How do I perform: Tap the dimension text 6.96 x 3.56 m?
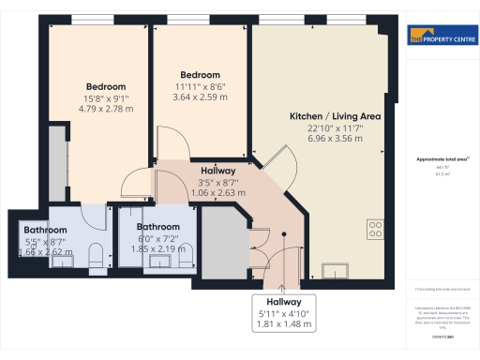point(322,138)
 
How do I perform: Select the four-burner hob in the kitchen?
point(376,229)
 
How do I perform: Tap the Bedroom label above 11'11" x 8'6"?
point(200,75)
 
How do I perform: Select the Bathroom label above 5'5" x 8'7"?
point(44,230)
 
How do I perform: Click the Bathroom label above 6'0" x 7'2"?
point(157,227)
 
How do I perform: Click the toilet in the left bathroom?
point(95,256)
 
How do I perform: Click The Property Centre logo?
point(441,38)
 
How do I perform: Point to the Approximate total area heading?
point(441,159)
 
